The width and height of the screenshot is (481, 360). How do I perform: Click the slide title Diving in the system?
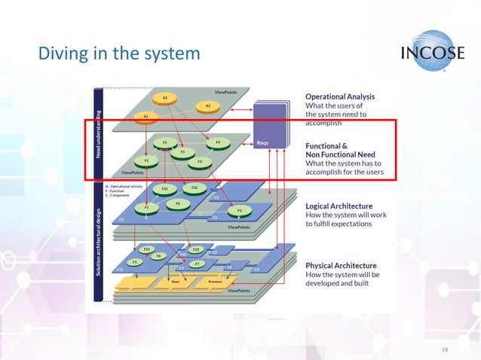(118, 53)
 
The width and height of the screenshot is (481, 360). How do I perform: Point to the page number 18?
(444, 349)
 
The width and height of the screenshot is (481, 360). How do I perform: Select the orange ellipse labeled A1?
(146, 117)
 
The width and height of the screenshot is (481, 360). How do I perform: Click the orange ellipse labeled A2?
(164, 98)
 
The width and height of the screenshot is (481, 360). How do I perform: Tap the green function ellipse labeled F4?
(217, 142)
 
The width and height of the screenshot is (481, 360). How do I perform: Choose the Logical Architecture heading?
(339, 204)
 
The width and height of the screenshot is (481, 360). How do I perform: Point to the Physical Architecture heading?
(340, 266)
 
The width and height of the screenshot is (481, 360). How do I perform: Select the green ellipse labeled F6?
(177, 203)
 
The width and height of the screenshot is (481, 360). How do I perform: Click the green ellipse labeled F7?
(196, 264)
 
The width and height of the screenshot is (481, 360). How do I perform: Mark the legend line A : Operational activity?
(124, 185)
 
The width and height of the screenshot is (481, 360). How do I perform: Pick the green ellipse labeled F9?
(158, 256)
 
